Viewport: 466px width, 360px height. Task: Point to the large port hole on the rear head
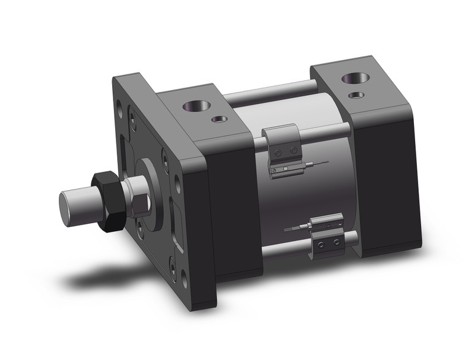pyautogui.click(x=354, y=79)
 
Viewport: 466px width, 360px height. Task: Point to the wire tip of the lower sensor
pyautogui.click(x=287, y=229)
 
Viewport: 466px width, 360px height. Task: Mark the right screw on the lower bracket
pyautogui.click(x=335, y=244)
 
